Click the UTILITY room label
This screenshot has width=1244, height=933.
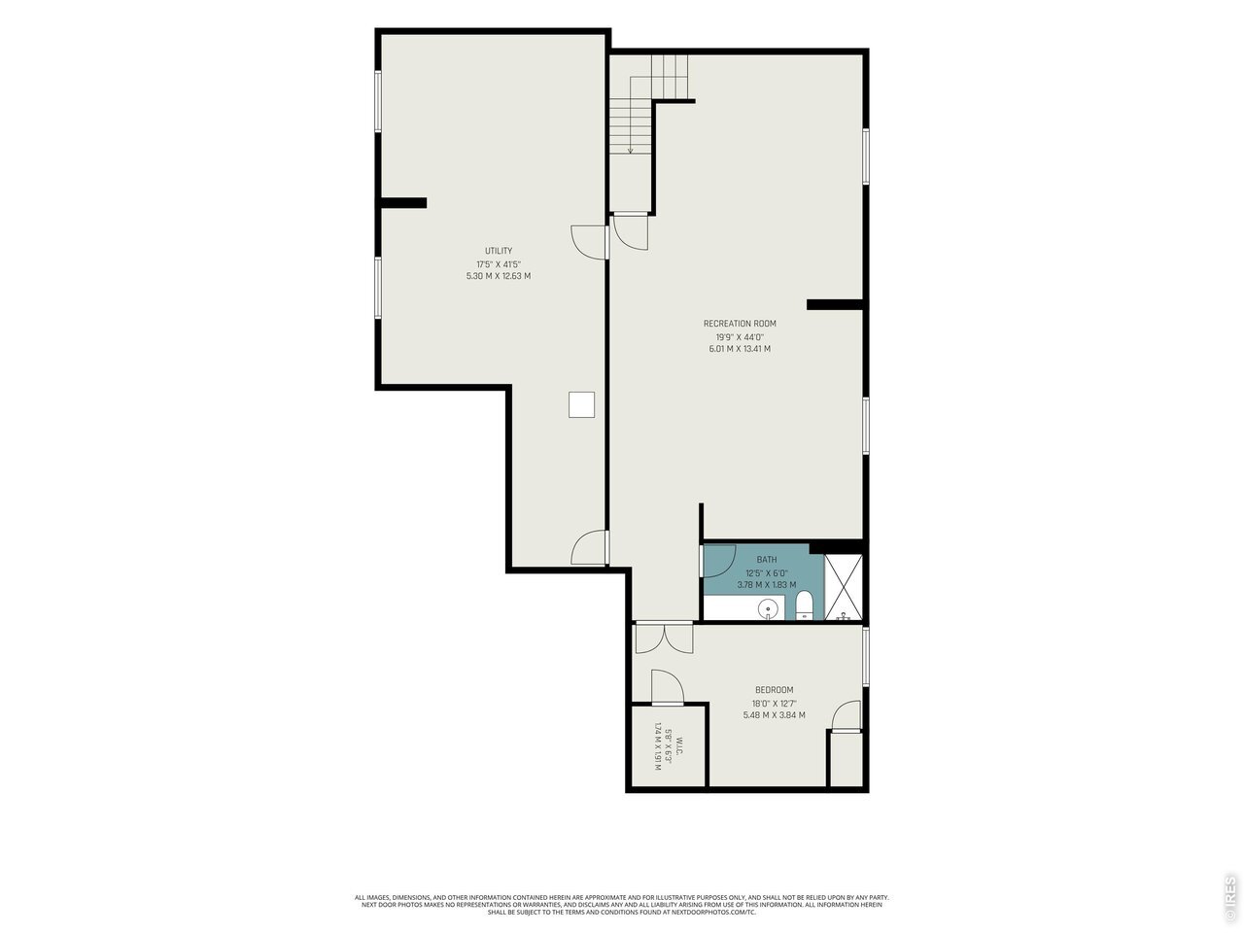499,251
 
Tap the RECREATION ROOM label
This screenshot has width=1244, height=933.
740,324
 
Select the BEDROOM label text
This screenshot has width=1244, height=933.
775,690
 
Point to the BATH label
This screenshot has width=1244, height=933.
766,560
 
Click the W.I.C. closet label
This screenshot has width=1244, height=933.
679,743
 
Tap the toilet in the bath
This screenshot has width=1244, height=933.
804,605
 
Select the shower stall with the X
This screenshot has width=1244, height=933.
844,587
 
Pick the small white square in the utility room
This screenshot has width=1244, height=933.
581,404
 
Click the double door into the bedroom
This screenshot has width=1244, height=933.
664,638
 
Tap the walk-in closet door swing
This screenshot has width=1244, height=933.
668,687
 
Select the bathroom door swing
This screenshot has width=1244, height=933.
718,561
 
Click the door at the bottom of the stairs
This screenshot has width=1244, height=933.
631,231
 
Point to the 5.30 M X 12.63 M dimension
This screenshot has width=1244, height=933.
499,276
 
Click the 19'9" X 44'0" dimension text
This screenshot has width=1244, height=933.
740,336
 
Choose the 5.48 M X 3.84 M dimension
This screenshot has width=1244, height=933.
775,715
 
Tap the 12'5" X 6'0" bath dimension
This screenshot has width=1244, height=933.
766,572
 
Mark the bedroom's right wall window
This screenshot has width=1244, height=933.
865,657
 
